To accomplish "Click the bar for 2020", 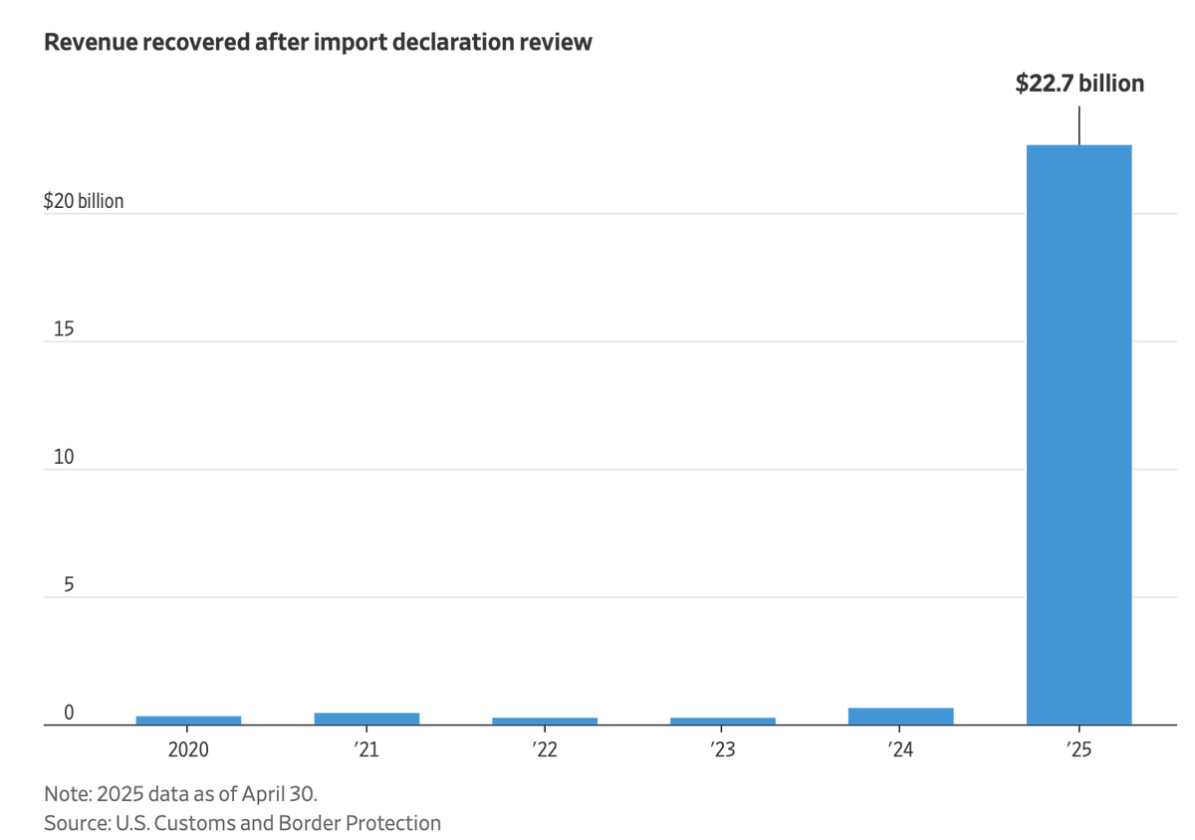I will tap(188, 720).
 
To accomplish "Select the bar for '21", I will tap(366, 718).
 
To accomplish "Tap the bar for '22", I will tap(545, 721).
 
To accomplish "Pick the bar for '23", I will tap(723, 721).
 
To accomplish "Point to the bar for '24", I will tap(901, 716).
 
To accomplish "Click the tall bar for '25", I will tap(1079, 435).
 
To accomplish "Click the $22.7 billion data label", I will tap(1079, 84).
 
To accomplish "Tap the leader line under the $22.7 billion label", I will tap(1079, 124).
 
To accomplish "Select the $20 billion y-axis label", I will tap(84, 201).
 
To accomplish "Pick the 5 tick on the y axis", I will tap(69, 585).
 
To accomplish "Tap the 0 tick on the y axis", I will tap(69, 713).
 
